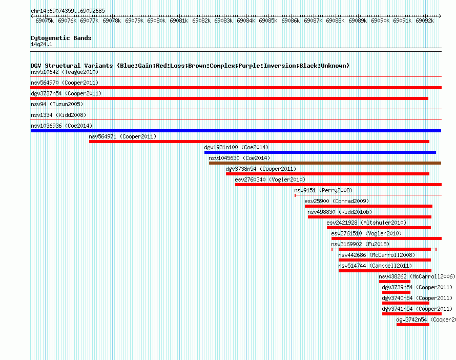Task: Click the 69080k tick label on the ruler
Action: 156,21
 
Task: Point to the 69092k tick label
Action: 425,21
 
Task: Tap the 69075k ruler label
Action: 45,21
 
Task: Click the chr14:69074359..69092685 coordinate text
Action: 68,11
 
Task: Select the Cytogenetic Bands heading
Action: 61,38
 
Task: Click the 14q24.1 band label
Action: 42,44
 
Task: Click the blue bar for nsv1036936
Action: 236,131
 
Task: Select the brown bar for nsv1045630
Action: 325,163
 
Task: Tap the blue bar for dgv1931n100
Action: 320,152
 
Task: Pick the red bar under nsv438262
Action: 395,282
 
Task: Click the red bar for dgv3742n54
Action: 412,325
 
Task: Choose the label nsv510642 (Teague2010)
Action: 65,72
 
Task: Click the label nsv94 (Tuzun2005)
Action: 57,104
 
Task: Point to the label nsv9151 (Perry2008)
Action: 323,190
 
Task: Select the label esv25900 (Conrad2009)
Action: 337,201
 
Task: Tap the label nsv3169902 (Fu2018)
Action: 360,244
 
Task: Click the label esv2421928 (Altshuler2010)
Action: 366,223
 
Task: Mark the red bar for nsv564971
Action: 259,142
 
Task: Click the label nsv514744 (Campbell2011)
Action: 375,266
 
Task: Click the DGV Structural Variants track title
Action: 190,66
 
